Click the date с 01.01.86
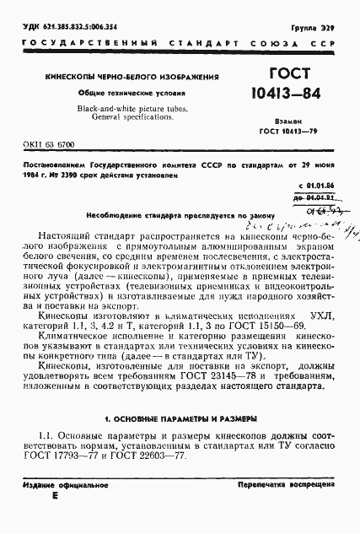(x=317, y=183)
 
